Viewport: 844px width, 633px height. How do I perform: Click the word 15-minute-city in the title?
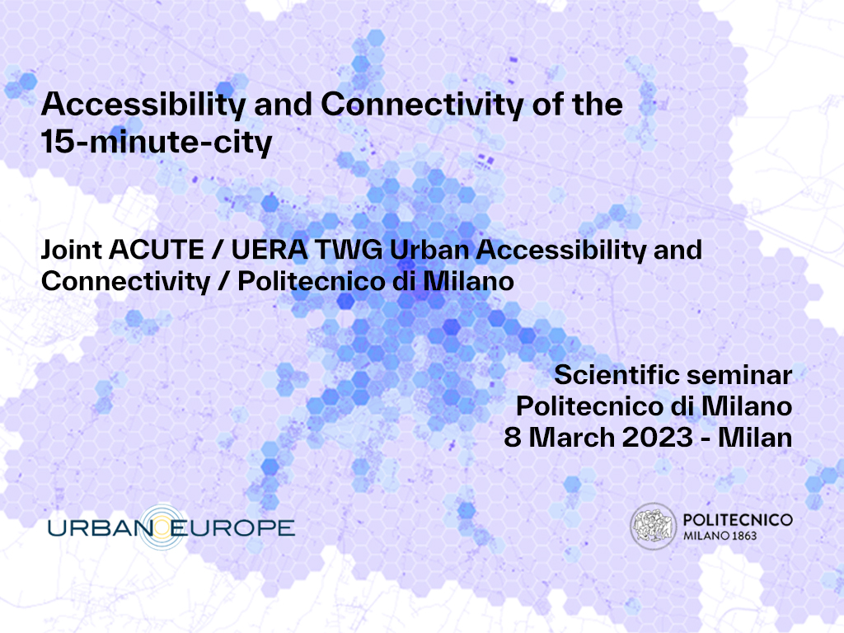(x=157, y=142)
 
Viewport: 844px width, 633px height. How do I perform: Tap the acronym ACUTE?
(x=157, y=250)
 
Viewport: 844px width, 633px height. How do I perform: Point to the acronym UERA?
(x=270, y=250)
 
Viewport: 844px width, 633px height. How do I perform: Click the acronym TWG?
(x=349, y=250)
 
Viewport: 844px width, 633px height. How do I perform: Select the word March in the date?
(x=572, y=437)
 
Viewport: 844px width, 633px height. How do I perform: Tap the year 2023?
(x=657, y=437)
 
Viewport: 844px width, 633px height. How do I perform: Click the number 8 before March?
(x=513, y=437)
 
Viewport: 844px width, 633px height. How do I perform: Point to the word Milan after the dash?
(x=755, y=437)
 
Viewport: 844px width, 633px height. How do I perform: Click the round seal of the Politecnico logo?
(x=653, y=527)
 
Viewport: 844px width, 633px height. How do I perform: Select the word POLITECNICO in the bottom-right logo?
(x=738, y=520)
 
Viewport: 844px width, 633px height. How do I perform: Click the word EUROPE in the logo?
(x=233, y=528)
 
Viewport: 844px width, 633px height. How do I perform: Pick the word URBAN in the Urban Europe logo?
(x=101, y=528)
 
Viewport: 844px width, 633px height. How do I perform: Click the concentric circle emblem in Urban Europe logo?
(x=163, y=527)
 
